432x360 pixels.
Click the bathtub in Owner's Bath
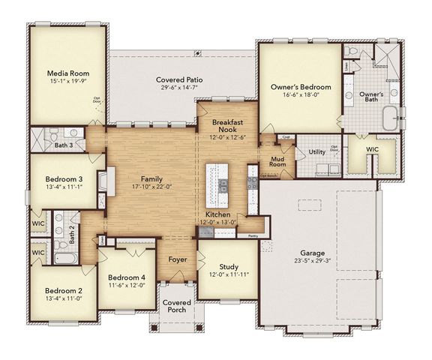(389, 119)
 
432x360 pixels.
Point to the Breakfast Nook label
(225, 124)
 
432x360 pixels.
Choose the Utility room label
(316, 152)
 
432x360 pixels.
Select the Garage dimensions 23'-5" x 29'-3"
(314, 262)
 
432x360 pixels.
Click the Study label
(228, 266)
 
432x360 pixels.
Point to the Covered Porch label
(178, 307)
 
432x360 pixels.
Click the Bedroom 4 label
(126, 277)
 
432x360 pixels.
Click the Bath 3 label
(64, 145)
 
